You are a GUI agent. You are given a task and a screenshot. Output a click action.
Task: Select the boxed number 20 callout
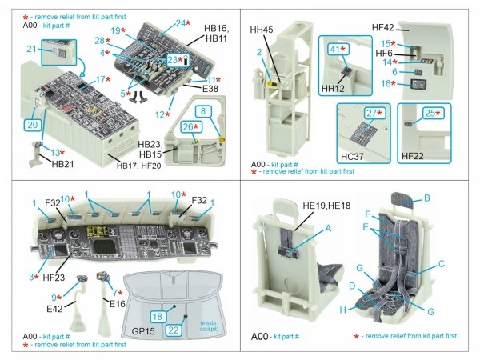tap(32, 125)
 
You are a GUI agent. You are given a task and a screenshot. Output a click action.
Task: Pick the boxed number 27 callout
tap(370, 114)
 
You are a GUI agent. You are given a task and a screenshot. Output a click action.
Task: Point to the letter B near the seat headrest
tap(448, 198)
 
